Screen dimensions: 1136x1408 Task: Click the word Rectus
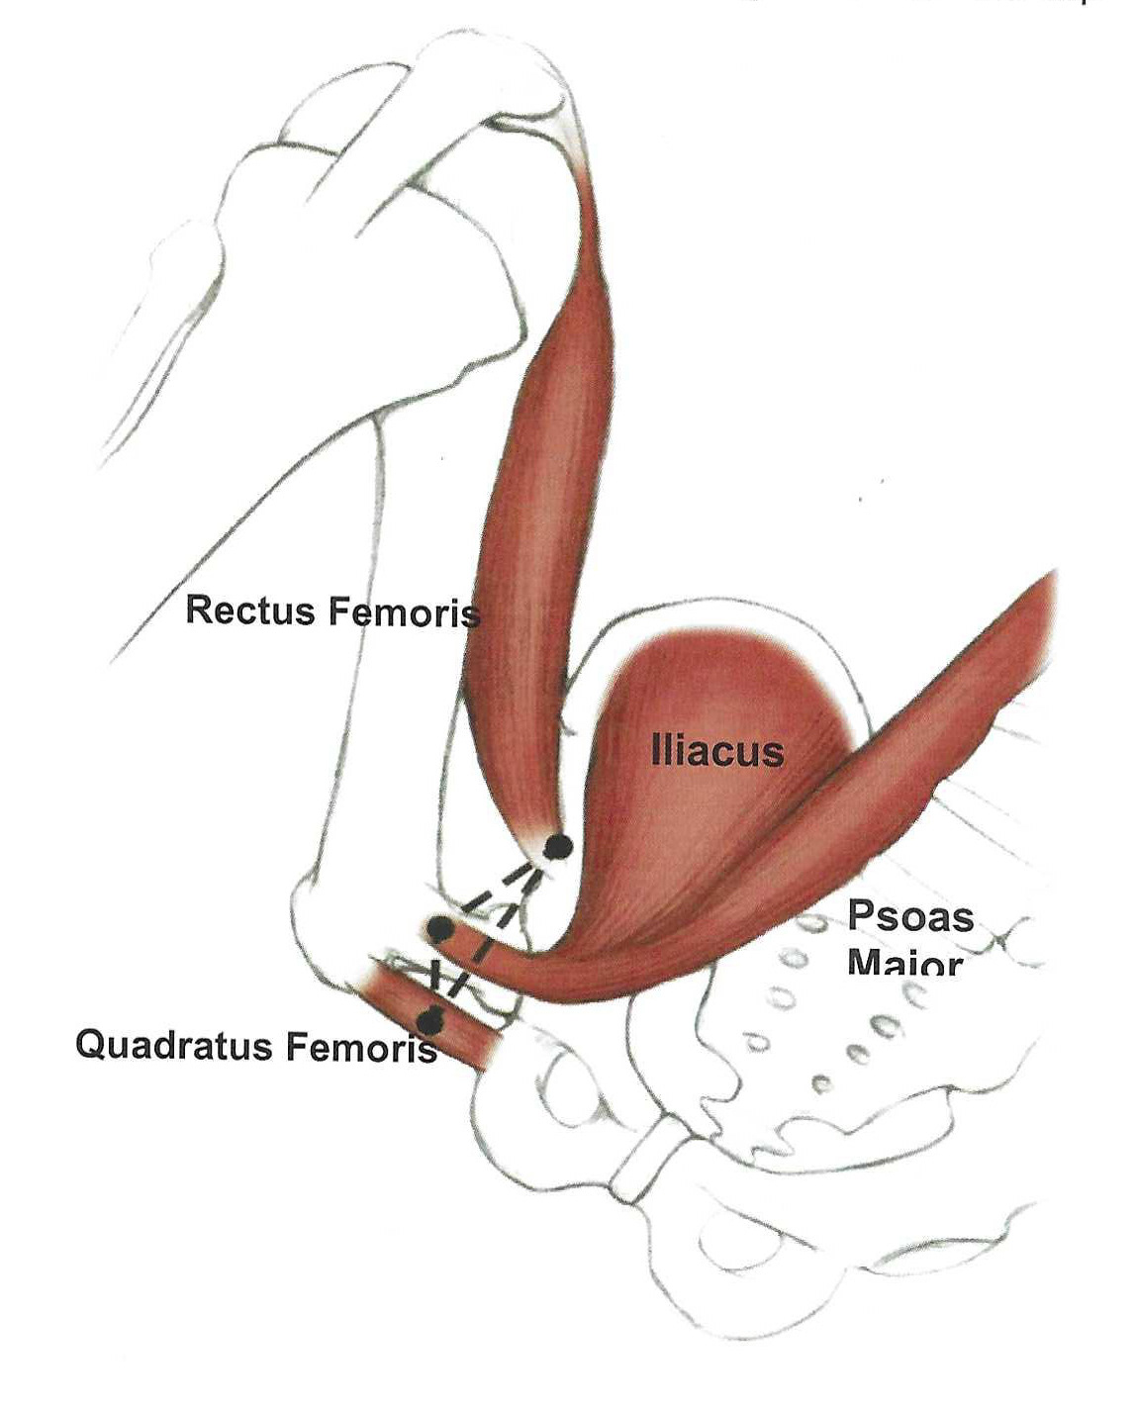point(251,610)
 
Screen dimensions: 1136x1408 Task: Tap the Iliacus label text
point(716,752)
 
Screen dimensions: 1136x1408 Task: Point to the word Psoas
point(909,917)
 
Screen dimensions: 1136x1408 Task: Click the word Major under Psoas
point(904,963)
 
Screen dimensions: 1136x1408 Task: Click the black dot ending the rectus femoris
point(558,846)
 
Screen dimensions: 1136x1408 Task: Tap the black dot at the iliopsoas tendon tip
point(438,929)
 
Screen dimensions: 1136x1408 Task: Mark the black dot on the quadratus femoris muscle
point(429,1020)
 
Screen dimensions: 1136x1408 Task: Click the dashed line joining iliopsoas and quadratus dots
point(433,975)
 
